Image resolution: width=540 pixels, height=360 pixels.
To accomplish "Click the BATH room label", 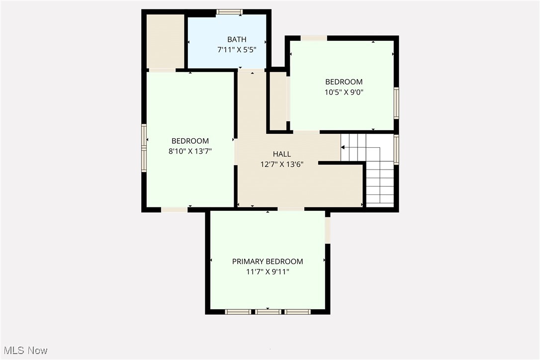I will pos(237,39).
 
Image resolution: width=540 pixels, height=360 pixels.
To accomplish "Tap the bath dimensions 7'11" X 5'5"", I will pos(237,50).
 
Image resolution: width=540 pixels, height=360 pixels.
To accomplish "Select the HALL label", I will pos(282,154).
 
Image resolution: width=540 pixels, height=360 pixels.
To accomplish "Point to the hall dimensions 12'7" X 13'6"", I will pos(282,165).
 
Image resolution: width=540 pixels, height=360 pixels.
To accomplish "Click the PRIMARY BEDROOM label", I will pos(268,262).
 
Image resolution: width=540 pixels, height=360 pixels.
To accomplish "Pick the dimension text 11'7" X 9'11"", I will pos(268,272).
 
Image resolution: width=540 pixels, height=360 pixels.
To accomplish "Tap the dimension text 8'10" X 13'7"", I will pos(190,151).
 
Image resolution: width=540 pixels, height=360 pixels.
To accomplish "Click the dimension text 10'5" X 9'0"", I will pos(344,92).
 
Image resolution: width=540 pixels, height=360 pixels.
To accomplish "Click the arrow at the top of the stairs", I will pos(343,147).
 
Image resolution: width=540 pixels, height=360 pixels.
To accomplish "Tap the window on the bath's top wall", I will pos(229,12).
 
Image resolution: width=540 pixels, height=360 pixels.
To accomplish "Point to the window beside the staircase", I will pos(396,149).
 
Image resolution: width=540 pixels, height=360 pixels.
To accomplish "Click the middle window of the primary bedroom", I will pos(268,312).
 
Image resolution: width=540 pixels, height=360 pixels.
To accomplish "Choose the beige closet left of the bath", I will pos(165,42).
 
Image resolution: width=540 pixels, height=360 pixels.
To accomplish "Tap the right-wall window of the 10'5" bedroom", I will pos(396,103).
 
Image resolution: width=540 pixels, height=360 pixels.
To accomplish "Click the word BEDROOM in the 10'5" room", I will pos(344,82).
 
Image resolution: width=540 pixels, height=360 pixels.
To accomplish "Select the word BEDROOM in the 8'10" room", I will pos(190,141).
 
